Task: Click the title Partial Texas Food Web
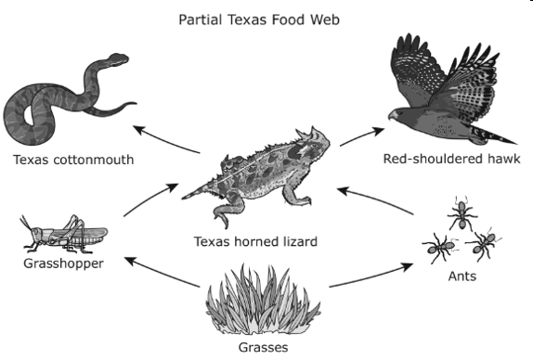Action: click(x=259, y=19)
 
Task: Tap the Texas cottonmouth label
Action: click(x=73, y=160)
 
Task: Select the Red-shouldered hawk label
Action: click(x=452, y=159)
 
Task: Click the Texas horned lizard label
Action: click(x=255, y=241)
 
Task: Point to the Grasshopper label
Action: click(x=63, y=264)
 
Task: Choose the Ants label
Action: click(x=461, y=276)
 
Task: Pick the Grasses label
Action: click(x=263, y=347)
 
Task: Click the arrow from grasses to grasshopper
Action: click(x=162, y=271)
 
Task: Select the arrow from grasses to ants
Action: click(x=371, y=276)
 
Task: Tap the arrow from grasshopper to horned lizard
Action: click(x=150, y=199)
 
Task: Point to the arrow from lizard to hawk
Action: click(x=362, y=136)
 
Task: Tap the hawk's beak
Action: click(x=391, y=116)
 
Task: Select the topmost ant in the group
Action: click(x=461, y=213)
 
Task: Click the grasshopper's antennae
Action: click(x=25, y=223)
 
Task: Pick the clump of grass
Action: click(x=263, y=301)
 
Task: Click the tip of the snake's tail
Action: click(x=136, y=104)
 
